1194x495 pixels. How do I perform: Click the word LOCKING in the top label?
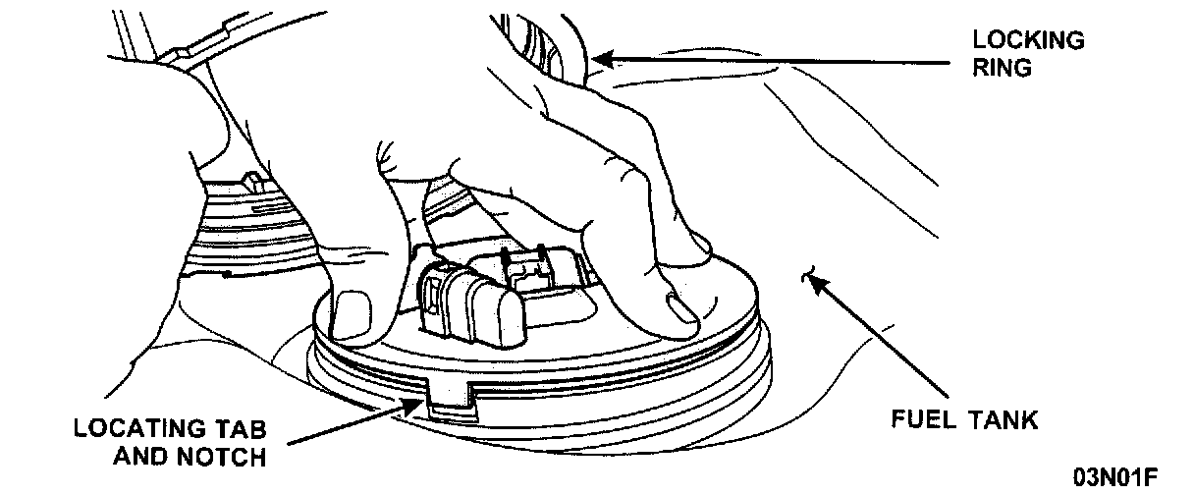1028,40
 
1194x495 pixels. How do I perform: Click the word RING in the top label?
1001,70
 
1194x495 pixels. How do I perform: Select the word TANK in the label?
1003,420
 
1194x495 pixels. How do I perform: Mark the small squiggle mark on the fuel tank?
811,276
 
